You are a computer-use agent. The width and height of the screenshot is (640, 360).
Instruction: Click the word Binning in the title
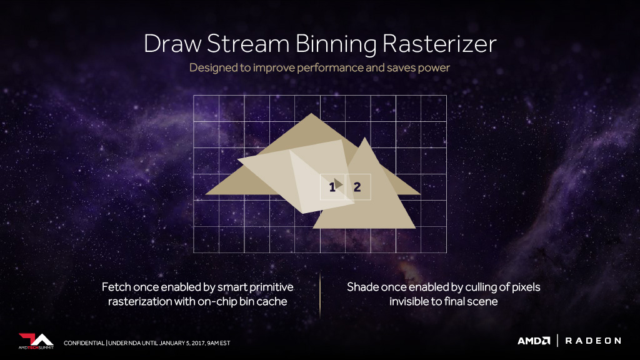(x=335, y=44)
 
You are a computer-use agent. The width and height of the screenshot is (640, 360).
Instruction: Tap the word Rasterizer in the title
(x=439, y=43)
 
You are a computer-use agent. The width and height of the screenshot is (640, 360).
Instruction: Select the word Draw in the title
(x=172, y=43)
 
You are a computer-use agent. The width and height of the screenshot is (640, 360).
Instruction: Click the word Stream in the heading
(x=248, y=43)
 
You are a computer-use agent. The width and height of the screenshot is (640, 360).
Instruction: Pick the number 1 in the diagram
(x=332, y=187)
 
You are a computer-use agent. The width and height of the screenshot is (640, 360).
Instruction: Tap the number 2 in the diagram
(x=357, y=187)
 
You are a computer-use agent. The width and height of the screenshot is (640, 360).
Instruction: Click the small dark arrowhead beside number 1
(x=338, y=184)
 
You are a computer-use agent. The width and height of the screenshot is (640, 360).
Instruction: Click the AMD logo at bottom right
(x=534, y=341)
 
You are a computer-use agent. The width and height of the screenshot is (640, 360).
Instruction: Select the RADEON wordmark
(x=593, y=341)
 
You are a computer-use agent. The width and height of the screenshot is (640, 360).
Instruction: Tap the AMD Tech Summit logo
(x=36, y=341)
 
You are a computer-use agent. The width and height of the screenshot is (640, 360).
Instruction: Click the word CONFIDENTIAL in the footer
(x=84, y=343)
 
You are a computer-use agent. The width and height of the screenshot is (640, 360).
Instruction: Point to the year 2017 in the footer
(x=198, y=343)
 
